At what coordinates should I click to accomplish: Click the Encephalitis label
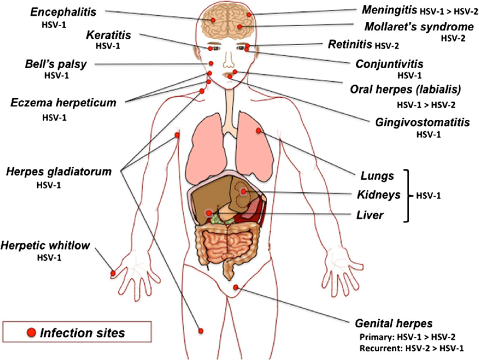click(x=63, y=12)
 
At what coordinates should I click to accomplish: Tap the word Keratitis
click(x=108, y=35)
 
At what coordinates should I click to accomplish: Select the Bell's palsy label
click(x=56, y=64)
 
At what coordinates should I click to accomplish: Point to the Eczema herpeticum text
click(x=63, y=103)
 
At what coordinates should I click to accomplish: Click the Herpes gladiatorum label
click(x=59, y=172)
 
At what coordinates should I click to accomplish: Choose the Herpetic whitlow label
click(x=45, y=245)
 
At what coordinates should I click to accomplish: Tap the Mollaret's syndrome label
click(x=419, y=27)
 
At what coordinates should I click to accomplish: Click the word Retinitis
click(x=350, y=45)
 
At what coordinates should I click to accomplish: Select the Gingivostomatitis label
click(x=423, y=122)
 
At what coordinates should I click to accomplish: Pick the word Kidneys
click(x=379, y=195)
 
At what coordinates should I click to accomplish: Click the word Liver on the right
click(x=370, y=215)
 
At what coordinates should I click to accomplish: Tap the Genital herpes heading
click(x=394, y=323)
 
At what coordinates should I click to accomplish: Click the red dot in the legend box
click(x=31, y=332)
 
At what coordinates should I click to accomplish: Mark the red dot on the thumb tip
click(x=113, y=273)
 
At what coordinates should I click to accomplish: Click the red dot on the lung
click(x=259, y=131)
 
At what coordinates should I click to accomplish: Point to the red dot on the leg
click(x=201, y=331)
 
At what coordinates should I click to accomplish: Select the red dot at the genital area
click(x=236, y=287)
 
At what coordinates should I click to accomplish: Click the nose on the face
click(x=228, y=60)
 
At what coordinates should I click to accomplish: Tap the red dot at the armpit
click(x=177, y=135)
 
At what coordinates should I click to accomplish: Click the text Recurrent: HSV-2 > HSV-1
click(x=411, y=348)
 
